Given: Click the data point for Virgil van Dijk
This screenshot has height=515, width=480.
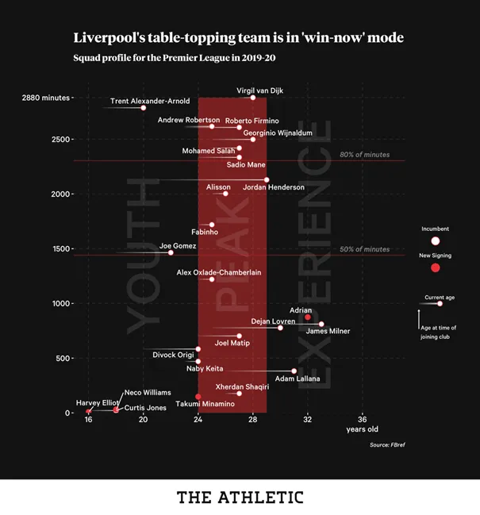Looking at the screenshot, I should pyautogui.click(x=253, y=98).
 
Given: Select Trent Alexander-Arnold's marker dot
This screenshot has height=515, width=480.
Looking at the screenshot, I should pyautogui.click(x=143, y=107).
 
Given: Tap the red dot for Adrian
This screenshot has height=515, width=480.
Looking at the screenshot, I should pyautogui.click(x=308, y=317).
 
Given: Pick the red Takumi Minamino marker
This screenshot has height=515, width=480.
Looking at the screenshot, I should pyautogui.click(x=198, y=397).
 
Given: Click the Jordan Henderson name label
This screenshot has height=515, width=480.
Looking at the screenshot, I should pyautogui.click(x=274, y=187).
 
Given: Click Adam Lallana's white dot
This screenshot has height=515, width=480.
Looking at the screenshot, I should pyautogui.click(x=294, y=371).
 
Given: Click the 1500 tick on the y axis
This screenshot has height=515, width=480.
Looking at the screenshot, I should pyautogui.click(x=60, y=248).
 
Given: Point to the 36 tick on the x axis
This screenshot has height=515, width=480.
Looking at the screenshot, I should pyautogui.click(x=363, y=419).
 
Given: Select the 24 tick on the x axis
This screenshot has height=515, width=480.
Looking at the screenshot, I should pyautogui.click(x=198, y=419).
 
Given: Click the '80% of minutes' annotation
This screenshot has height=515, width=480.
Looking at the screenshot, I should pyautogui.click(x=364, y=155).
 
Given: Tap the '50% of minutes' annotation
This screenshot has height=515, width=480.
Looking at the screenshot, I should pyautogui.click(x=364, y=249).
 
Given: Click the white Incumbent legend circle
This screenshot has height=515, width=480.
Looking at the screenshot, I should pyautogui.click(x=435, y=240).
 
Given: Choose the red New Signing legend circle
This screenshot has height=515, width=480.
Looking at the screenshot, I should pyautogui.click(x=435, y=268).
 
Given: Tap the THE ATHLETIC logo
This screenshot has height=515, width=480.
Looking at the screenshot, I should pyautogui.click(x=240, y=498).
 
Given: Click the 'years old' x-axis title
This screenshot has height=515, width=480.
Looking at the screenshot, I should pyautogui.click(x=362, y=429).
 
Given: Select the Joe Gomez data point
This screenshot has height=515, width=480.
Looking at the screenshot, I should pyautogui.click(x=171, y=252).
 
